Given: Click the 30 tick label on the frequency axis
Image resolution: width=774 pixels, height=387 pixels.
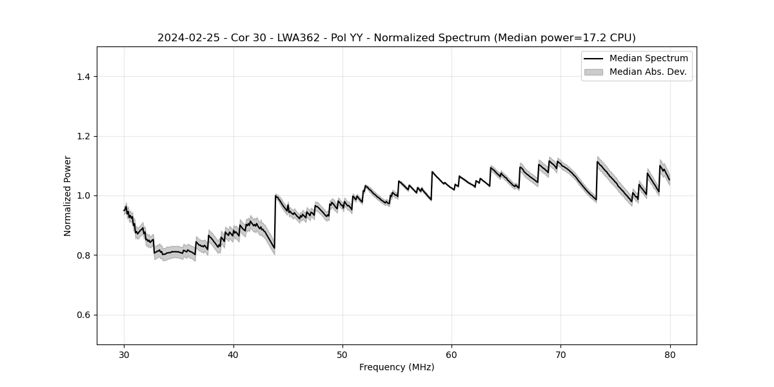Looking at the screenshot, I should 124,354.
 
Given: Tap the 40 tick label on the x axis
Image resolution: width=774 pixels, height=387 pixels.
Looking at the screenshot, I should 233,354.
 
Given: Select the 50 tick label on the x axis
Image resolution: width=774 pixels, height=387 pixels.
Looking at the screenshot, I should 342,354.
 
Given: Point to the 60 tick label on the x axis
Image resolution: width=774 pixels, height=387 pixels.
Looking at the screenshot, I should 451,354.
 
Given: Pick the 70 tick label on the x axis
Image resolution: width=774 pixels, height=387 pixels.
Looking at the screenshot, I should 561,354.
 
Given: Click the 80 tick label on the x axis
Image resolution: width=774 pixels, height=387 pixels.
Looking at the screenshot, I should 670,354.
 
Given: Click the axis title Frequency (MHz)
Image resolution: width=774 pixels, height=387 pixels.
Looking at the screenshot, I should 397,367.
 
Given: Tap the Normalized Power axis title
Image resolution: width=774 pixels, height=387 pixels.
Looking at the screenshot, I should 68,195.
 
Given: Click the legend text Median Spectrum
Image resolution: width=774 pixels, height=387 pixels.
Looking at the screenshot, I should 648,59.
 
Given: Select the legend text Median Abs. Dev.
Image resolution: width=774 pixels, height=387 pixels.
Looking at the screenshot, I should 648,72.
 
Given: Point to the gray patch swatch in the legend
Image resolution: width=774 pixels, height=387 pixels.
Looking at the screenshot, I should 593,72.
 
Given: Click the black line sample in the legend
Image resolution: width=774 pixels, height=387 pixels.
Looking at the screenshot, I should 593,59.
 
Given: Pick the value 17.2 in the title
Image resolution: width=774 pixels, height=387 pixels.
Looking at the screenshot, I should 581,38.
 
